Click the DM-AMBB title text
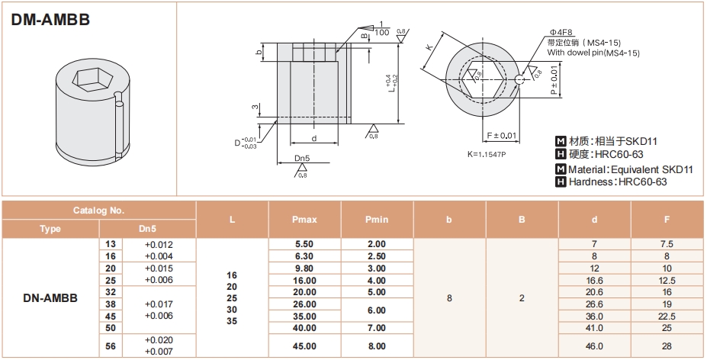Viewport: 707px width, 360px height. (x=50, y=20)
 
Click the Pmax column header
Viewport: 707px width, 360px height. (x=304, y=220)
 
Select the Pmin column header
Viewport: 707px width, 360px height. (x=377, y=220)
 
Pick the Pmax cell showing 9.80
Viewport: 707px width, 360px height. (x=304, y=268)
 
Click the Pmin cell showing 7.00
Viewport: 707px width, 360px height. (x=377, y=328)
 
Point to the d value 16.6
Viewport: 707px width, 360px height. (x=594, y=281)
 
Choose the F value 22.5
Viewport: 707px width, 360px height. (x=667, y=317)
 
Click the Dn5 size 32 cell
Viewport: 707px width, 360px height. (x=111, y=292)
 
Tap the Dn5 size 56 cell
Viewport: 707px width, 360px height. (x=111, y=346)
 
